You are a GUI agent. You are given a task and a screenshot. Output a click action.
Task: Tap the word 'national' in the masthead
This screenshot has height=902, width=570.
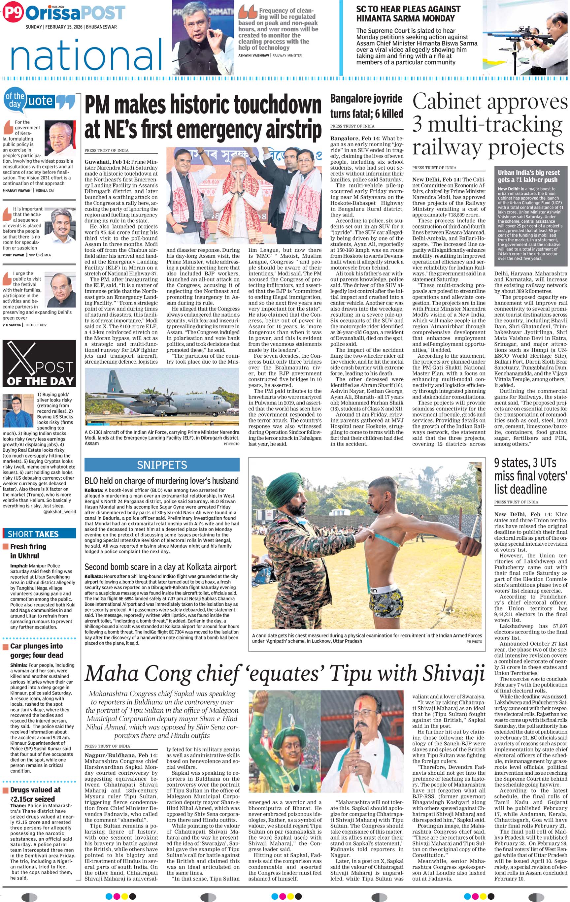click(86, 55)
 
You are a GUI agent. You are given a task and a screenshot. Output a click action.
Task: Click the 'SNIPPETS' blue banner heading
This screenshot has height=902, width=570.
click(162, 465)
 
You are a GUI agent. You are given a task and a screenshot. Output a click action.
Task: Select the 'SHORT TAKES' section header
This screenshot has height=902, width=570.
click(33, 534)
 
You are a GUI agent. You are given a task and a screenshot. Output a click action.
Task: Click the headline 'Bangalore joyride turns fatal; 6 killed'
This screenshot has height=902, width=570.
click(366, 106)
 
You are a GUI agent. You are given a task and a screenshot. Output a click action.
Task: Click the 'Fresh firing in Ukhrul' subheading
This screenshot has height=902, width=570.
click(28, 551)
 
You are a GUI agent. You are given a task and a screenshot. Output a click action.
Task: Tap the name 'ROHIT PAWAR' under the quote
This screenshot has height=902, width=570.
click(13, 255)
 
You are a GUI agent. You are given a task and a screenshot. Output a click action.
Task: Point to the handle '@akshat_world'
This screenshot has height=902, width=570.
click(60, 511)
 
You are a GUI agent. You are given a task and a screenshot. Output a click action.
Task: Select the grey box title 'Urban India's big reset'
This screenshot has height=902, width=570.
click(528, 173)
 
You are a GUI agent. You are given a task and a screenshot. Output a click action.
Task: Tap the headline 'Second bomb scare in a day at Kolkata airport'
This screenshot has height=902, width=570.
click(160, 567)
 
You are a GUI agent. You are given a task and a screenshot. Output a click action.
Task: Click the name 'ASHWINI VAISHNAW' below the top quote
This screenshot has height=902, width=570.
click(254, 55)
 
